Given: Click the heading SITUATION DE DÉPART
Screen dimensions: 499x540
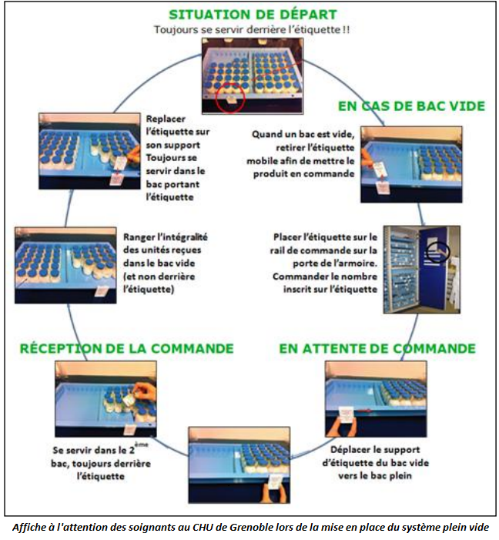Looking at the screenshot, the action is [x=253, y=15].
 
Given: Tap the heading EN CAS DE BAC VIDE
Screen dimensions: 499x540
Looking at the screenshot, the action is [x=411, y=106].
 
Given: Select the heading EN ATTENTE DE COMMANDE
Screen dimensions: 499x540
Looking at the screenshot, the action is [x=377, y=348].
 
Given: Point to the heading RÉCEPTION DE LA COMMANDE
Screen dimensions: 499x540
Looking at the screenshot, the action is [x=127, y=348].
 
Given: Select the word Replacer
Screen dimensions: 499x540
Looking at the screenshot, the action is [x=166, y=119].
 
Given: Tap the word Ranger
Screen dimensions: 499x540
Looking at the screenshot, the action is [x=136, y=237].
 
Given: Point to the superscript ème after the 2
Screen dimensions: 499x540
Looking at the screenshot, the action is [x=141, y=444].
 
